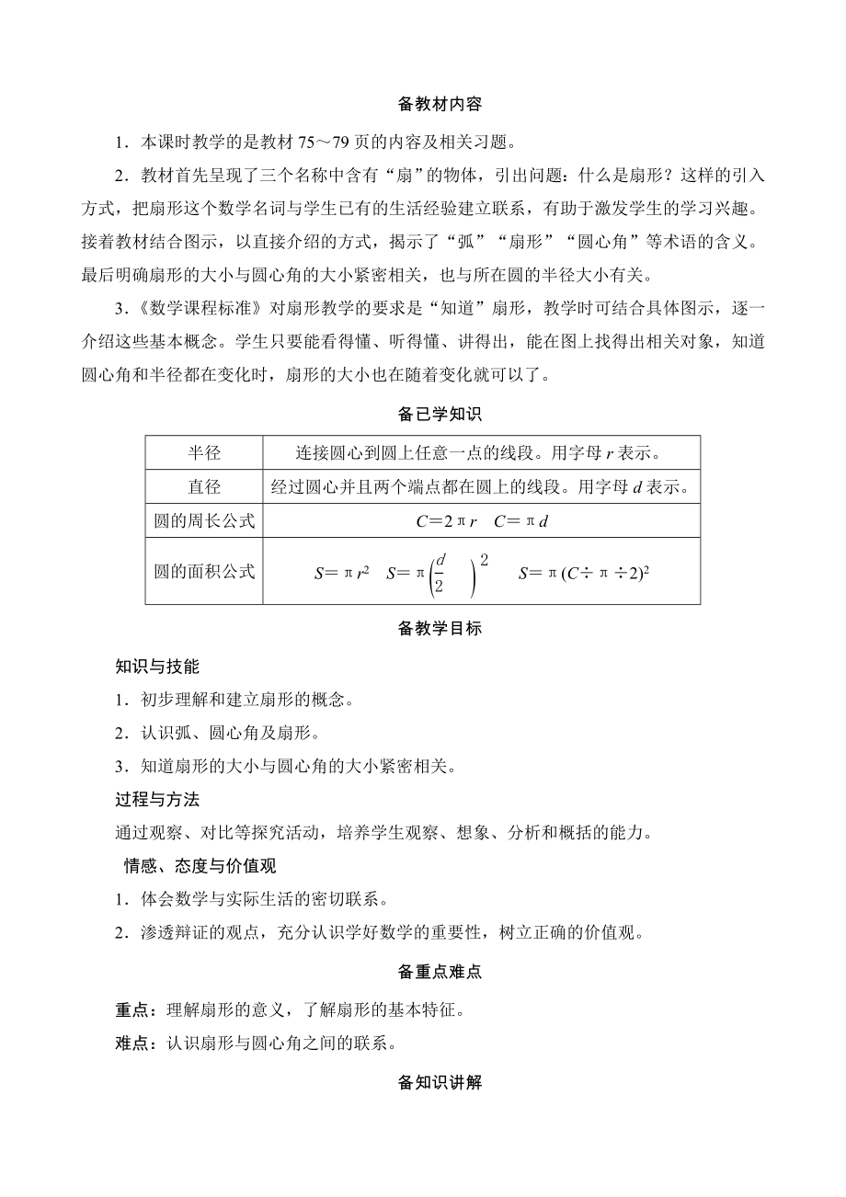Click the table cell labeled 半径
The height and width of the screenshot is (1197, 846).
(204, 452)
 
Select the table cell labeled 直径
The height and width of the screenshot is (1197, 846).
(204, 486)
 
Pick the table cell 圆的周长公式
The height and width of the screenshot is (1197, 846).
(204, 521)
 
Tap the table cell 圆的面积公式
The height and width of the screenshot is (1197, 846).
(204, 571)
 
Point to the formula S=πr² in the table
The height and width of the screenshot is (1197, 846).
(342, 573)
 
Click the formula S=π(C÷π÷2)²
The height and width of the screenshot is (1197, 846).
(585, 573)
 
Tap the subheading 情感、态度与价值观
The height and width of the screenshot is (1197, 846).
(200, 865)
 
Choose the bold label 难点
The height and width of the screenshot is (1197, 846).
(130, 1043)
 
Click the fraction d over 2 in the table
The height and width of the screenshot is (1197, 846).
(440, 572)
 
